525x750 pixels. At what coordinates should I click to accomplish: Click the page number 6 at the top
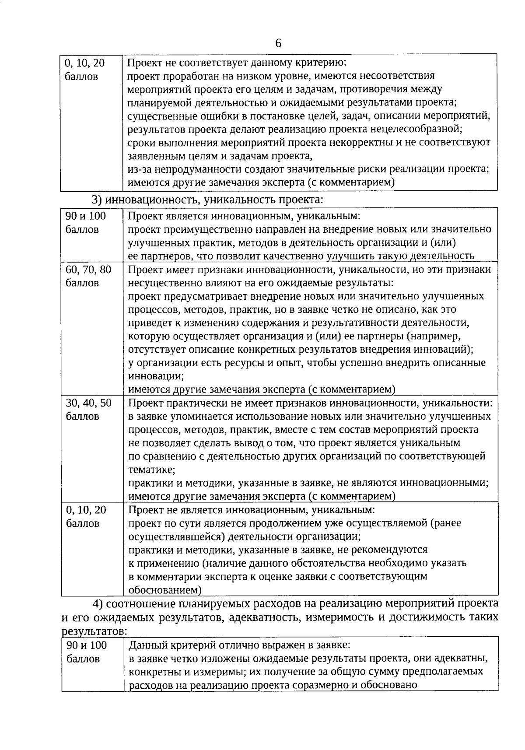coord(278,43)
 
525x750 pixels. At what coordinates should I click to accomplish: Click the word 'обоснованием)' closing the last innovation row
coord(165,590)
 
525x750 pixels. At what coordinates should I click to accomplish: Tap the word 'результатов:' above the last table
coord(94,631)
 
